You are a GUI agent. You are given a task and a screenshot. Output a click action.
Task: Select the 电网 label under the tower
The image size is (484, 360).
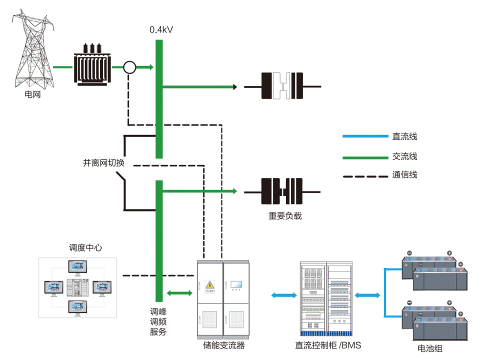pyautogui.click(x=32, y=94)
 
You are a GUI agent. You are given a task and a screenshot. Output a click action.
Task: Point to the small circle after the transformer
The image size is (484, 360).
pyautogui.click(x=129, y=67)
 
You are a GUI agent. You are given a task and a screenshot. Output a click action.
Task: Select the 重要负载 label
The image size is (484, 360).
pyautogui.click(x=285, y=216)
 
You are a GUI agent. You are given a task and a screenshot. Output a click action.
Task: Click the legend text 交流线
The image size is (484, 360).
pyautogui.click(x=404, y=156)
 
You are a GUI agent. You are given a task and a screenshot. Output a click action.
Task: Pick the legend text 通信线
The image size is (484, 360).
pyautogui.click(x=404, y=175)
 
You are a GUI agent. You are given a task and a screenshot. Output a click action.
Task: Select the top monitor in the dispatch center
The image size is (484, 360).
pyautogui.click(x=78, y=267)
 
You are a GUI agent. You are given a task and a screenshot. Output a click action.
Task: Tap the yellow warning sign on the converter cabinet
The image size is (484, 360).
pyautogui.click(x=210, y=285)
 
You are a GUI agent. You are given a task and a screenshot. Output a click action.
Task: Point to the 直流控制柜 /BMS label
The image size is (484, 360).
pyautogui.click(x=327, y=345)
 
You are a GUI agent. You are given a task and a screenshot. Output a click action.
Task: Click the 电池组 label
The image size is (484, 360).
pyautogui.click(x=429, y=348)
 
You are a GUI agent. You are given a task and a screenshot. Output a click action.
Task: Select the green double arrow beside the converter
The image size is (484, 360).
pyautogui.click(x=178, y=292)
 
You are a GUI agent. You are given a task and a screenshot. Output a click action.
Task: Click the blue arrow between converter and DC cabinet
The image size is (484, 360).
pyautogui.click(x=283, y=295)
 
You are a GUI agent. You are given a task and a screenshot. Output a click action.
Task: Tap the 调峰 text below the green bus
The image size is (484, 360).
pyautogui.click(x=157, y=311)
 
